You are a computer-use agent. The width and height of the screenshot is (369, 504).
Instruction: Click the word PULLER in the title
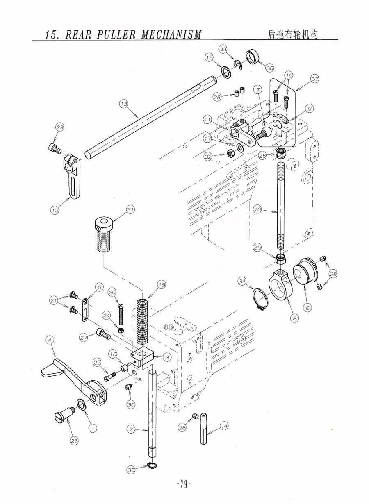tap(116, 35)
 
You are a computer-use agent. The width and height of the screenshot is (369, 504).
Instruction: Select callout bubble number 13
tap(124, 104)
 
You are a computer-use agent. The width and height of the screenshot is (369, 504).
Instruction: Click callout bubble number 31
tap(130, 209)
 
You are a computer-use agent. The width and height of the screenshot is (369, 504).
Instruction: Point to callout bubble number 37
tap(315, 79)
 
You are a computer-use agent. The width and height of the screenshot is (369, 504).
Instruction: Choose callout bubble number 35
tap(131, 475)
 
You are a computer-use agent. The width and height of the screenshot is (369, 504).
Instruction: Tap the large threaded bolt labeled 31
tap(104, 234)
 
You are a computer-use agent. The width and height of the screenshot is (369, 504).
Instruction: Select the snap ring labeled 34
tap(260, 300)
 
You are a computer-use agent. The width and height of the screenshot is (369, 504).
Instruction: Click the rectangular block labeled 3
tap(141, 356)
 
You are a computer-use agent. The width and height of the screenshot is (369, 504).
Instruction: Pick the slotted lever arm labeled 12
tap(71, 176)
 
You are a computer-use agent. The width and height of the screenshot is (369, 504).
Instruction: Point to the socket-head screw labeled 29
tap(55, 148)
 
